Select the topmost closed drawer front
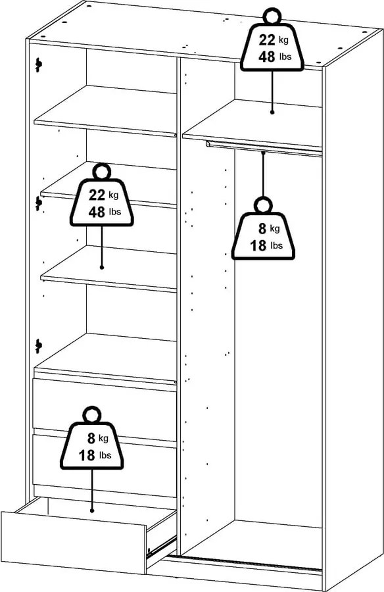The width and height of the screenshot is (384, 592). point(104,405)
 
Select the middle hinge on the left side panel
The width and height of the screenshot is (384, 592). point(38,203)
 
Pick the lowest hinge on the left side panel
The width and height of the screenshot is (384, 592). point(38,344)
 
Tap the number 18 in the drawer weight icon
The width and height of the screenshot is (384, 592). point(86,455)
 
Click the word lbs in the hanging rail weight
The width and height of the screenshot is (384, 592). point(276,246)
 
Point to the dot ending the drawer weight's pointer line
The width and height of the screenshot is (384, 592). point(92,509)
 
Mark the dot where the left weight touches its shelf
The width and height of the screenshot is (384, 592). point(102,266)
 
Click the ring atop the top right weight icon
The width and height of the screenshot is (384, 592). point(271,16)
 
